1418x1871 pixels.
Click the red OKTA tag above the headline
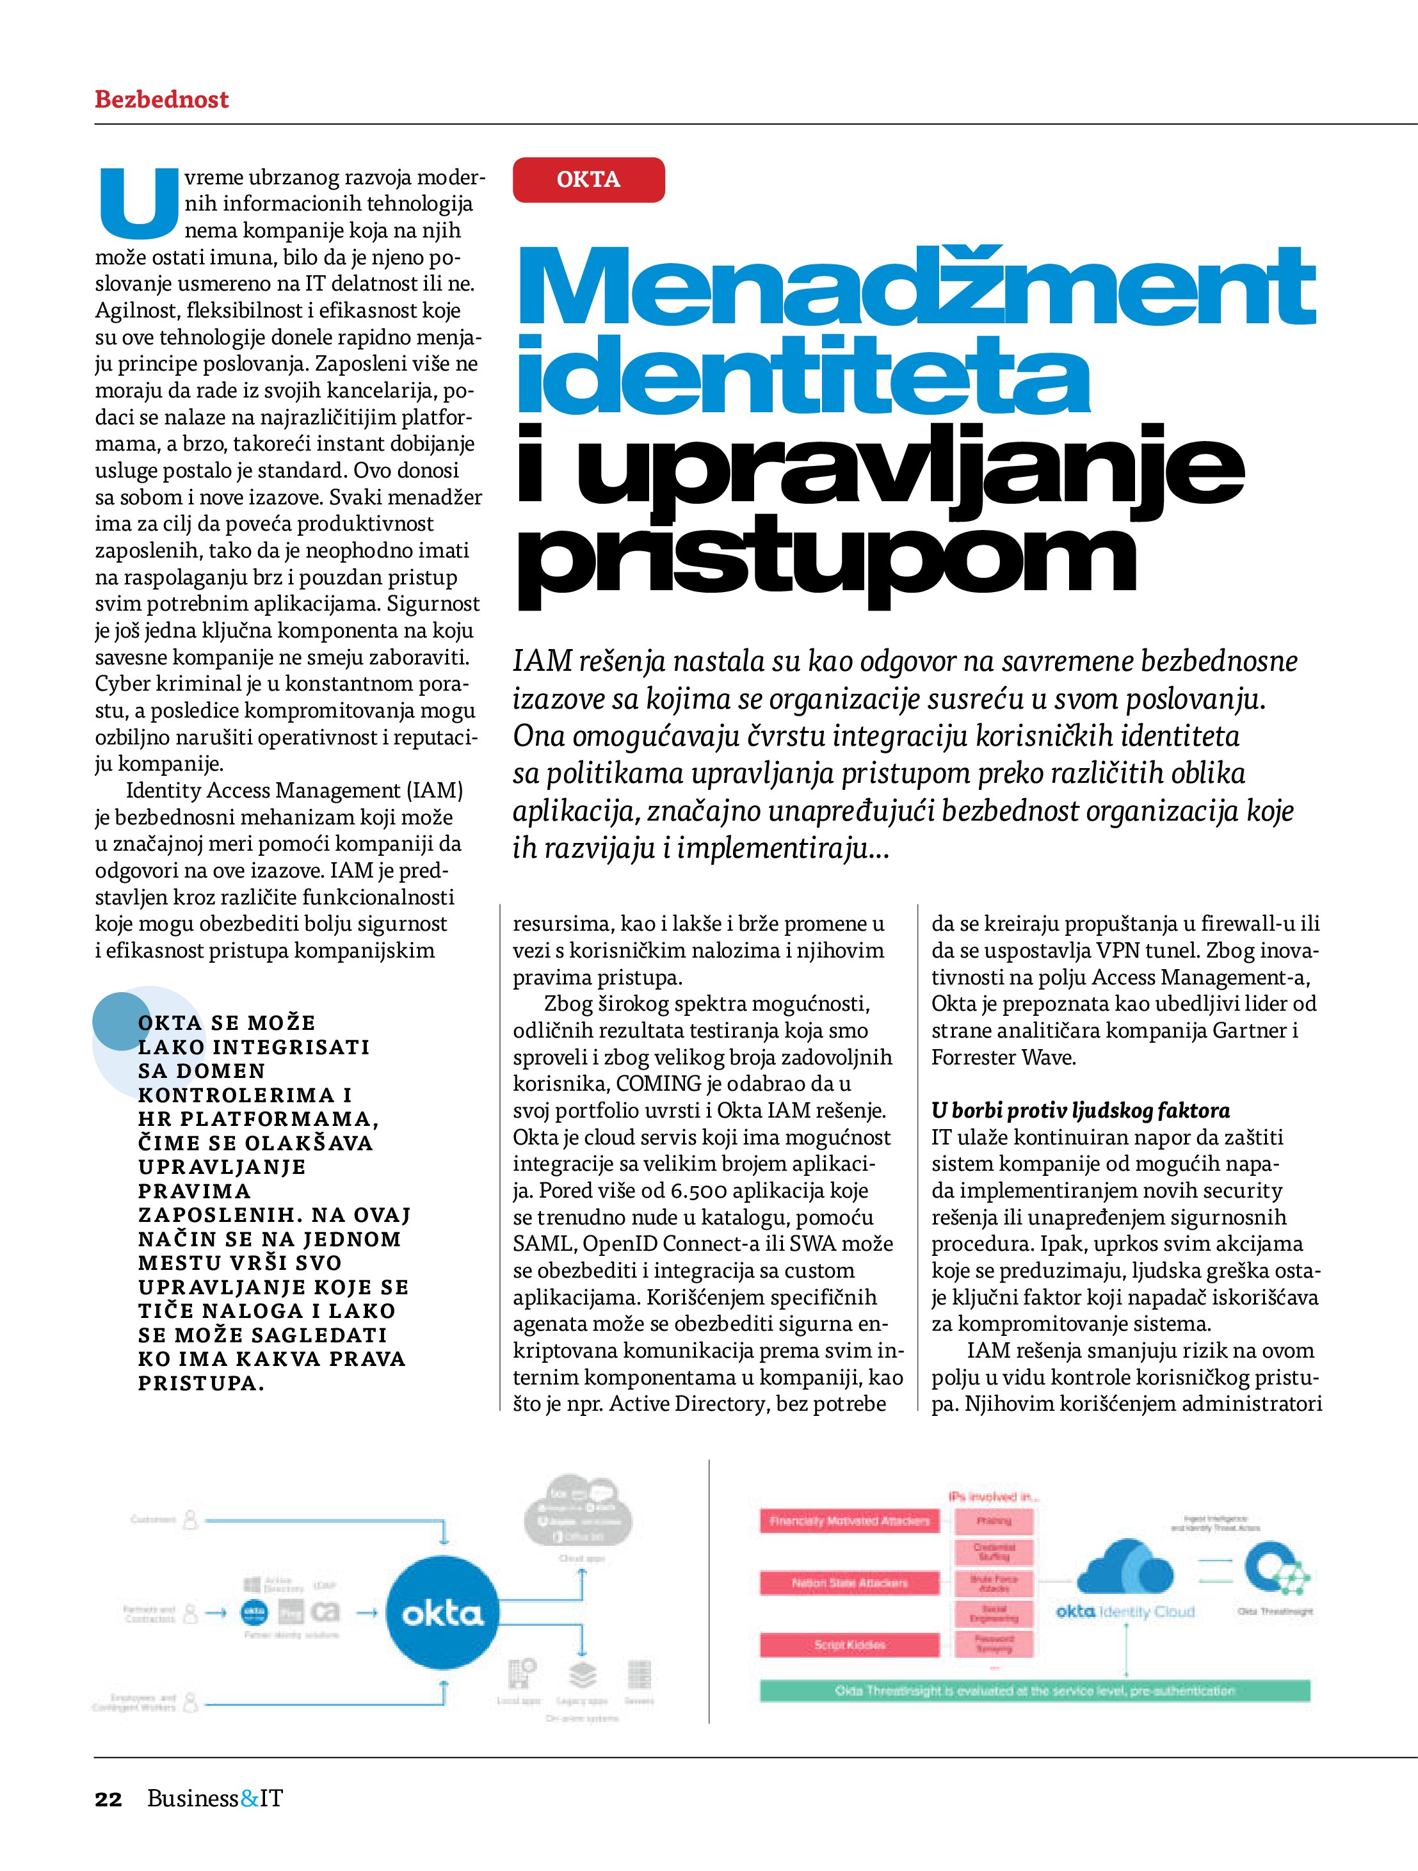tap(588, 179)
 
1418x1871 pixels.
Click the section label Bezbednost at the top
tap(161, 99)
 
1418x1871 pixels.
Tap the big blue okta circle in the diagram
tap(442, 1614)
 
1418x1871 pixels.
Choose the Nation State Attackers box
tap(850, 1582)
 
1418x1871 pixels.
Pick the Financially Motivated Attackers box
tap(850, 1521)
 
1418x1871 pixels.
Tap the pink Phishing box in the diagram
tap(994, 1521)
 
